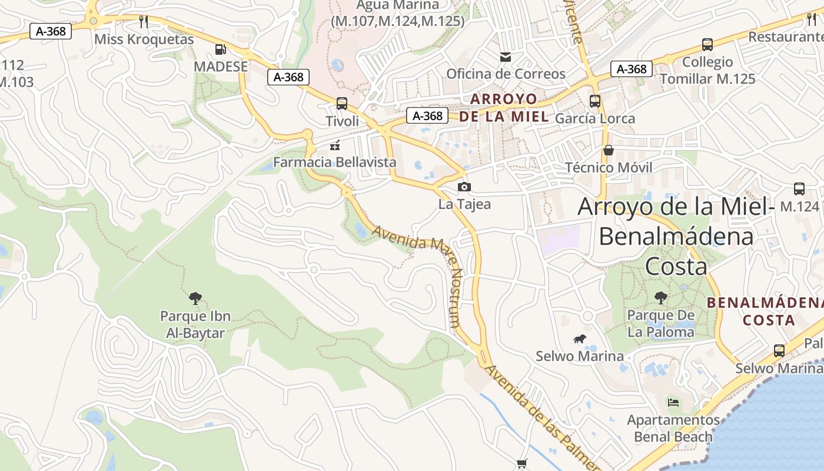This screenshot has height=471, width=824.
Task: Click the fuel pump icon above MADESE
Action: (x=220, y=50)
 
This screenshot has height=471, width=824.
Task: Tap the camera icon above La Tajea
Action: (x=464, y=187)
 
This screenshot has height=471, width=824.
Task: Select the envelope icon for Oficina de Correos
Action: (x=505, y=57)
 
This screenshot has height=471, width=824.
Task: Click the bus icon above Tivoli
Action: (x=341, y=104)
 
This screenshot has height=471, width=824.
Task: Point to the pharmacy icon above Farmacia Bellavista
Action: (x=335, y=145)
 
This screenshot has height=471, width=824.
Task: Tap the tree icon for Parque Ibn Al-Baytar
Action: (x=195, y=298)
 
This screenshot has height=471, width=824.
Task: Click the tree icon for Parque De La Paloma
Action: (x=660, y=298)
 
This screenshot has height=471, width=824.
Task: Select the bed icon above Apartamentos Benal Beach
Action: (x=673, y=403)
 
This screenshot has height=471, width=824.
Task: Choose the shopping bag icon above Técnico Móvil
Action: (x=609, y=151)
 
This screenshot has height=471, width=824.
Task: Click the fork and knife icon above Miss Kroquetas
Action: (x=144, y=22)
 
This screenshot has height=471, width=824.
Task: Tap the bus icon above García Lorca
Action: (x=595, y=101)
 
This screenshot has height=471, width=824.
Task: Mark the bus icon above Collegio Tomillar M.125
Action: (x=707, y=45)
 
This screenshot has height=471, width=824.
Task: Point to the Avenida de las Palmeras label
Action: (x=539, y=418)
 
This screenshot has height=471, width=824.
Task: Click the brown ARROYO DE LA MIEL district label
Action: (x=504, y=108)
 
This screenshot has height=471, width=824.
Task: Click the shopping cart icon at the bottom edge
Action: (x=521, y=465)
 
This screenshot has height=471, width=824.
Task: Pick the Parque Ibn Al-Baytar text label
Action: (x=195, y=325)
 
